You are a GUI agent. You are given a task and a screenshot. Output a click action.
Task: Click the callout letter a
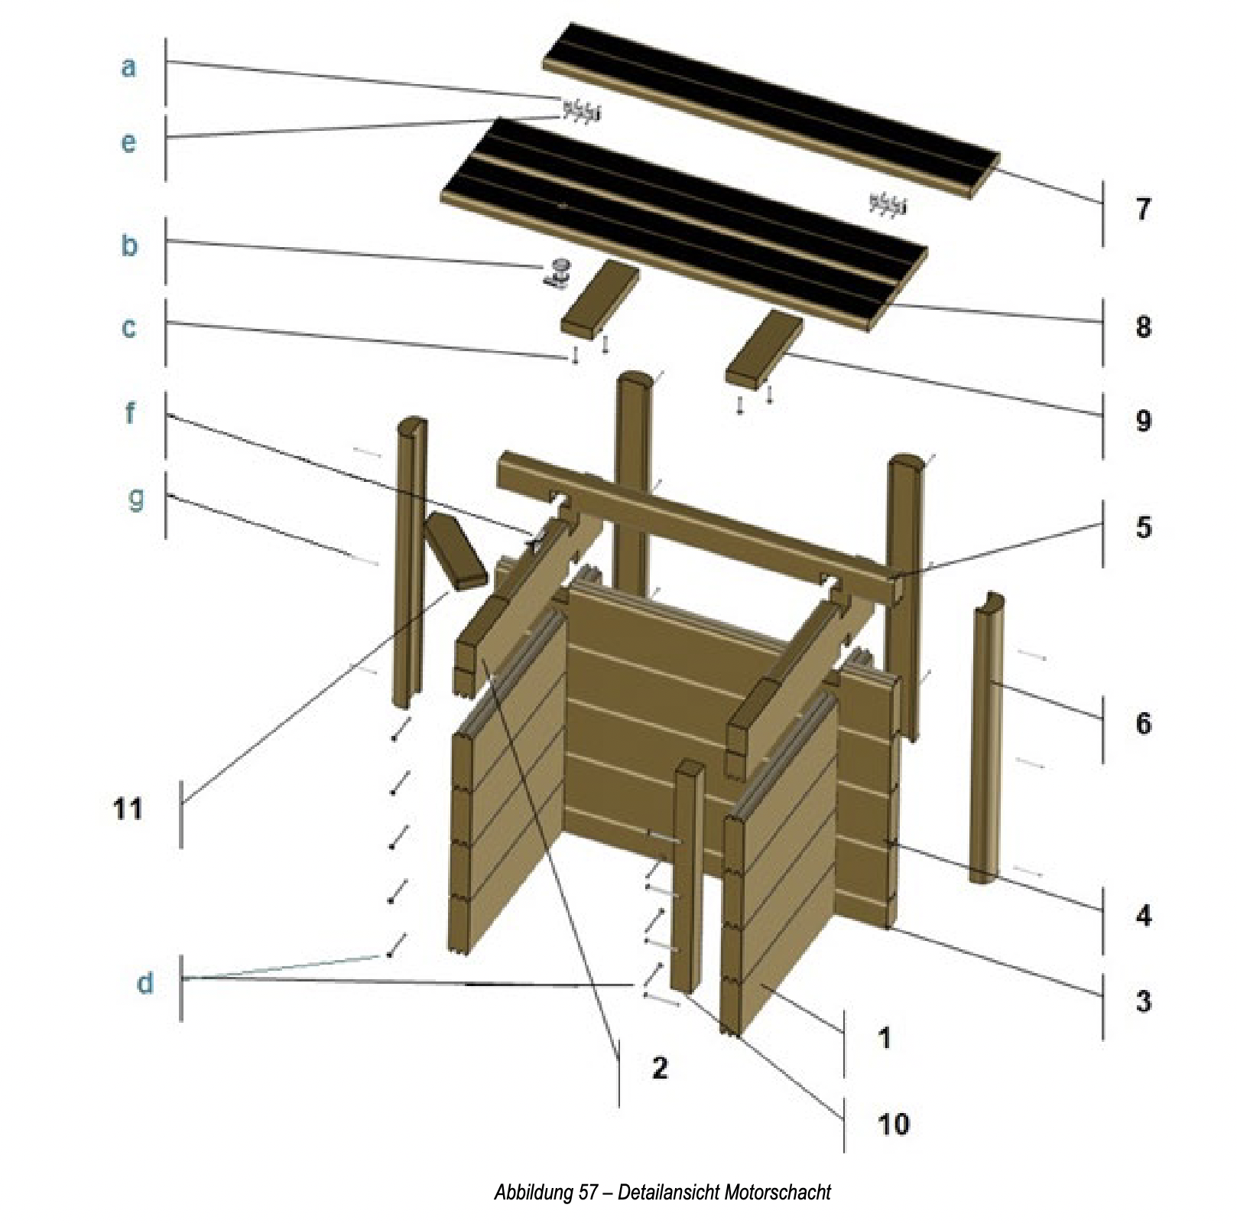(128, 67)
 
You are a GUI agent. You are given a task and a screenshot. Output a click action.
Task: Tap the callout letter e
(128, 142)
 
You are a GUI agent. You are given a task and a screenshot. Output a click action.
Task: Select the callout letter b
(129, 246)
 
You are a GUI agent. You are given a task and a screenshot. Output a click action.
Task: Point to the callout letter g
(135, 498)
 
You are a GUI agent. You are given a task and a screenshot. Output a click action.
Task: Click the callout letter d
(144, 983)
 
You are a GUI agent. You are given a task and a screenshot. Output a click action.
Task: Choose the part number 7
(1143, 209)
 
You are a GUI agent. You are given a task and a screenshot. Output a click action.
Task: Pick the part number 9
(1143, 420)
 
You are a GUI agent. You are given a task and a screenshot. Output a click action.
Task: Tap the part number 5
(1143, 527)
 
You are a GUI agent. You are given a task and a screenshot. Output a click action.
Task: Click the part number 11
(128, 809)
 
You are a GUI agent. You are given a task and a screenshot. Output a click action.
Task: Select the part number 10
(893, 1124)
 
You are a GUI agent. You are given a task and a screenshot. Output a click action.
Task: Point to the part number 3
(1143, 1001)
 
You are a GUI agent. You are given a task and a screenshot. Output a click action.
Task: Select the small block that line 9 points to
(765, 349)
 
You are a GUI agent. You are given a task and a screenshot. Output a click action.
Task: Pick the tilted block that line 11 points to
(456, 552)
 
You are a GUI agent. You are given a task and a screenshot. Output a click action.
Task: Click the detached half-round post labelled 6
(987, 738)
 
